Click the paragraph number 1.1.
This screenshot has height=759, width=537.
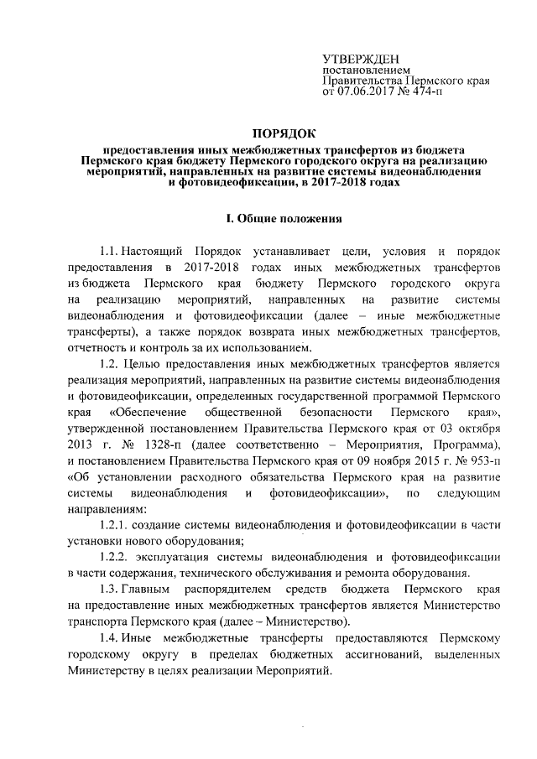click(109, 252)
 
